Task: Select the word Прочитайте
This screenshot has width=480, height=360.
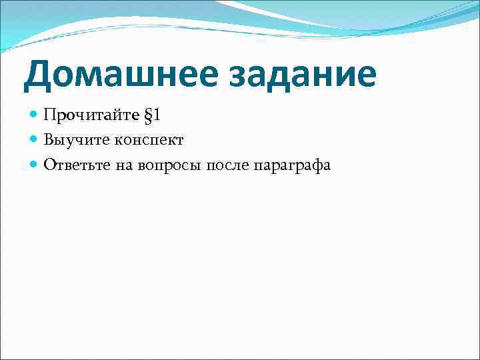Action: click(92, 115)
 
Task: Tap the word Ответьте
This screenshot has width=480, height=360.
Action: click(73, 165)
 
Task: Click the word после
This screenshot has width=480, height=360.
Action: click(228, 165)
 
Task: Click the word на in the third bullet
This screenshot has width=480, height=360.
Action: click(124, 165)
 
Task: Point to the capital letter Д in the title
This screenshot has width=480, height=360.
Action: click(39, 75)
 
